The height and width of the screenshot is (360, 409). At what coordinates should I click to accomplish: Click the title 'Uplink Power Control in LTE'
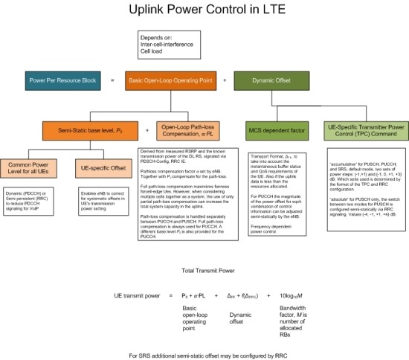click(x=204, y=13)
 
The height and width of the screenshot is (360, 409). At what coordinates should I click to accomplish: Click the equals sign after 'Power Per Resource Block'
click(x=112, y=79)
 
